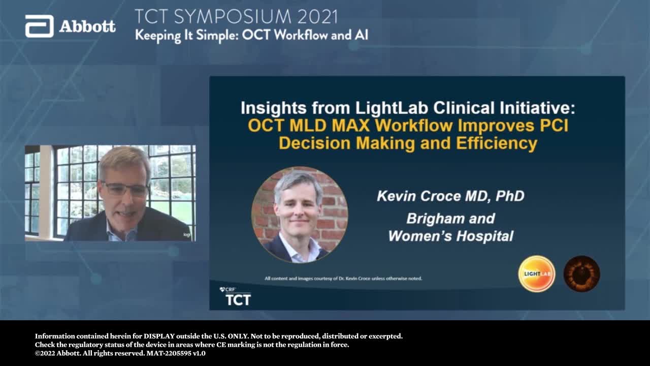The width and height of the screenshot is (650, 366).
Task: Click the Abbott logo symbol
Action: (x=40, y=26)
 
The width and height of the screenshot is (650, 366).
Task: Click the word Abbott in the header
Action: (x=87, y=27)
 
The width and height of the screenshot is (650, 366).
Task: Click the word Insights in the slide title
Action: (x=274, y=108)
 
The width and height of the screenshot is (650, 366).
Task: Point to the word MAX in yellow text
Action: (x=350, y=126)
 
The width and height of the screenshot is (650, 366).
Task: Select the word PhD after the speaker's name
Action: (x=510, y=196)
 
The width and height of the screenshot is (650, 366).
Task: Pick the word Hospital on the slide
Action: (x=485, y=236)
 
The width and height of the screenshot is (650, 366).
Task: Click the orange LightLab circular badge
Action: (x=537, y=273)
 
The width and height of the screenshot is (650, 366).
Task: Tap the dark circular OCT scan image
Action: (x=581, y=273)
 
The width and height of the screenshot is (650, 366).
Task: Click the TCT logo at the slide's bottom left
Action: (x=236, y=296)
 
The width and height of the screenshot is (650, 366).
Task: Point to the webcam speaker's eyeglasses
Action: (x=125, y=189)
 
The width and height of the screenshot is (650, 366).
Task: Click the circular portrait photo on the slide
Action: (x=300, y=215)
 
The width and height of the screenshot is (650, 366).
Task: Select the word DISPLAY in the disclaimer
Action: (x=159, y=336)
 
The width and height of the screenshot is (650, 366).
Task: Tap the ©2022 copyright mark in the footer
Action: (x=45, y=353)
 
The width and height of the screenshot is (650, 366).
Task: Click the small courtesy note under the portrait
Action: (x=343, y=278)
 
